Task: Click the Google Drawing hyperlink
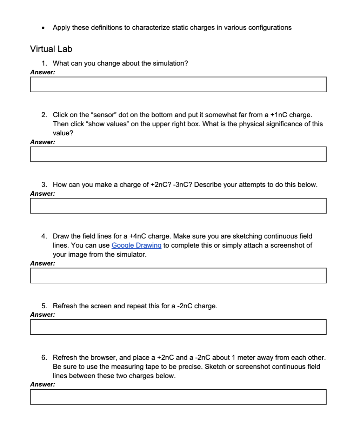point(136,246)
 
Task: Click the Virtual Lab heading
point(51,49)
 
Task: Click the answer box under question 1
point(178,85)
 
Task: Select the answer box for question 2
point(178,154)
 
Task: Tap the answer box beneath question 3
point(178,206)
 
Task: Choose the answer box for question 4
point(178,276)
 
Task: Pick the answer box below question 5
point(178,327)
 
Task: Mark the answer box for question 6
point(178,397)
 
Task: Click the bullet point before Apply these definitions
point(43,28)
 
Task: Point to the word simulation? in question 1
point(171,63)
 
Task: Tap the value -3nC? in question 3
point(182,185)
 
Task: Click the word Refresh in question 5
point(64,306)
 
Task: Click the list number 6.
point(44,358)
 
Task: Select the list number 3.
point(44,185)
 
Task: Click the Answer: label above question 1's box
point(42,72)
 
